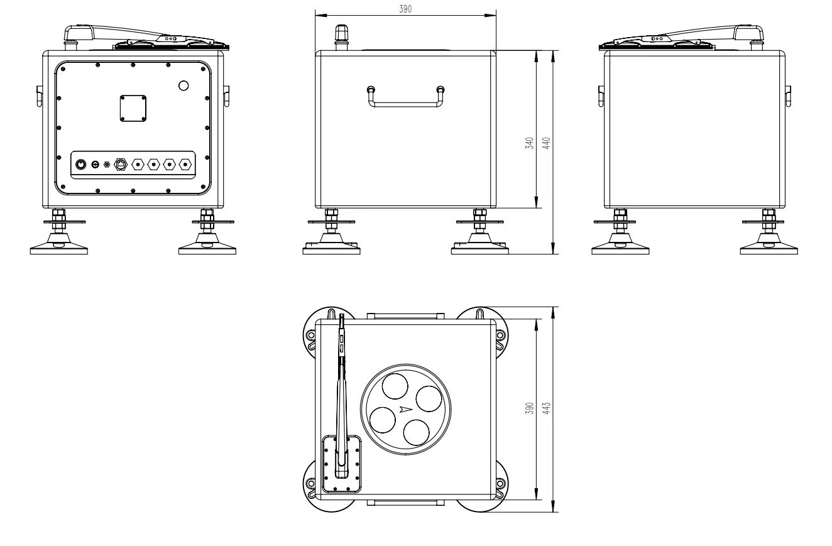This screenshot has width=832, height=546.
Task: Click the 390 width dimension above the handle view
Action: pyautogui.click(x=405, y=9)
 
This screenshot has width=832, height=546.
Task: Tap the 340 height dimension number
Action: pyautogui.click(x=530, y=143)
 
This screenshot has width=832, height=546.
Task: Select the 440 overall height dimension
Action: pyautogui.click(x=546, y=143)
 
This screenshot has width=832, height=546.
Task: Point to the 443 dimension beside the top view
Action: pyautogui.click(x=546, y=408)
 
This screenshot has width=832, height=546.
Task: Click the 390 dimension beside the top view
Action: pyautogui.click(x=530, y=408)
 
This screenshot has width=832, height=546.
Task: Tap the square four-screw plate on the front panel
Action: pyautogui.click(x=133, y=108)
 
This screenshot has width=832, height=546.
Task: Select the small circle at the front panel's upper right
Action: pyautogui.click(x=183, y=86)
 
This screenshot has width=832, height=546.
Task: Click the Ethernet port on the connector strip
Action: pyautogui.click(x=121, y=164)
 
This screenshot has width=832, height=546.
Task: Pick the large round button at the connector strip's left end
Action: pyautogui.click(x=80, y=164)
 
